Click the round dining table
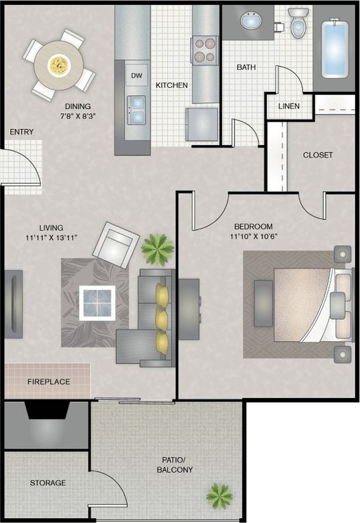coord(58,64)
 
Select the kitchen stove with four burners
coord(204,49)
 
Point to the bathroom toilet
coord(298,23)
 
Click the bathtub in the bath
coord(335,48)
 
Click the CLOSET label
coord(317,155)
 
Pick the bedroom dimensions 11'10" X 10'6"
coord(253,237)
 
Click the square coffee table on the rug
coord(96,303)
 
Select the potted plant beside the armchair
coord(157,249)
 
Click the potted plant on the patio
coord(219,496)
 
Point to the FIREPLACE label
coord(49,382)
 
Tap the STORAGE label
coord(47,483)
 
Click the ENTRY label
coord(21,131)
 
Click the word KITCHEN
coord(171,86)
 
